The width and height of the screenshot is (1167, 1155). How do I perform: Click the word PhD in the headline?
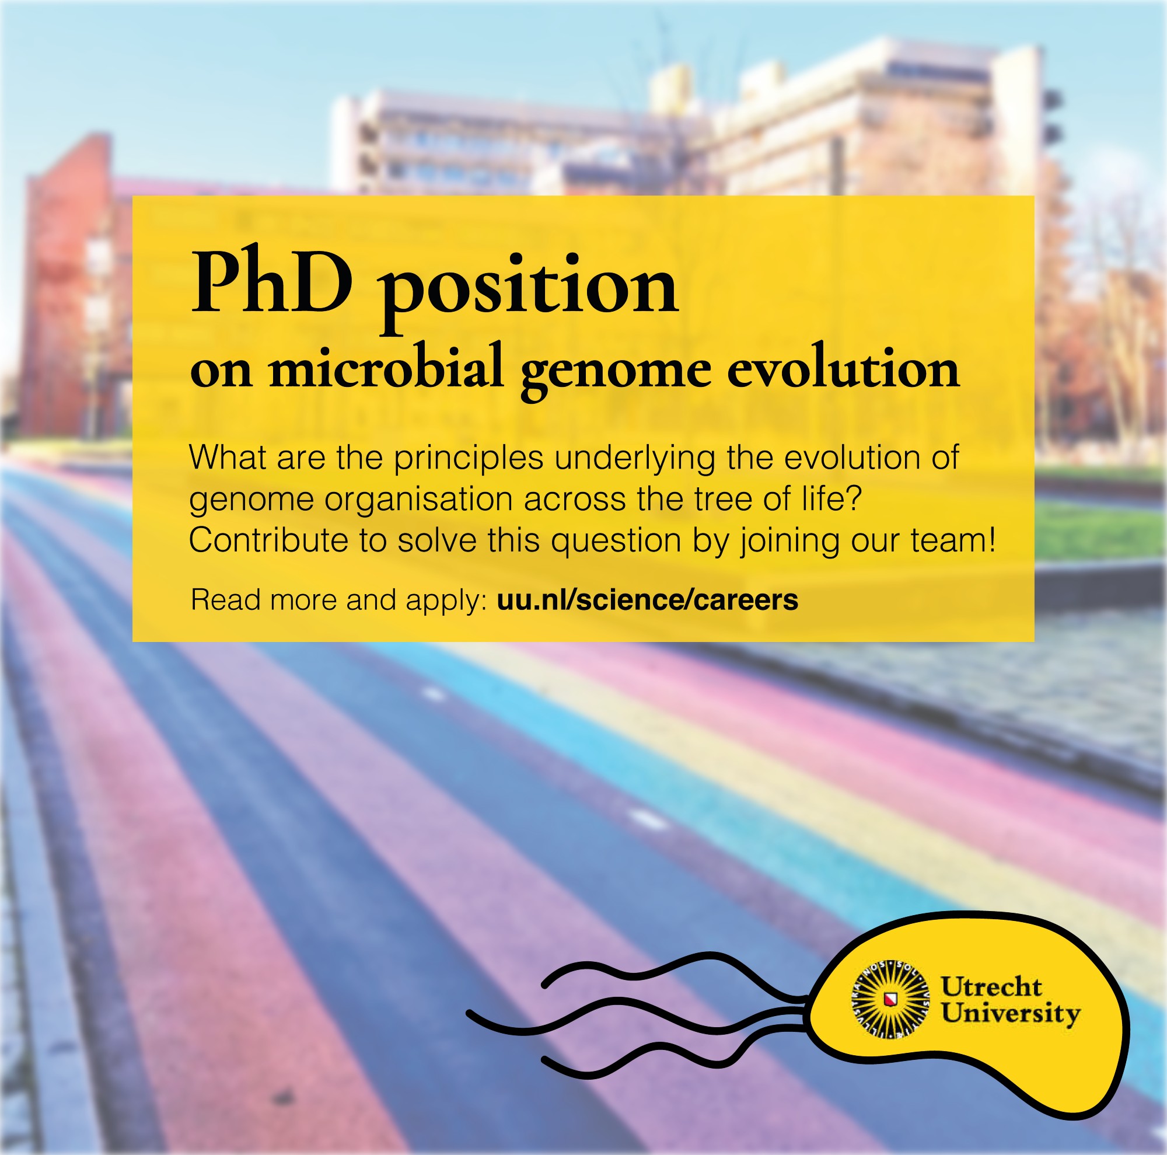tap(271, 283)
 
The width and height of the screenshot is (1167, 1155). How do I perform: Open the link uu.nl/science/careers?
tap(648, 600)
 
